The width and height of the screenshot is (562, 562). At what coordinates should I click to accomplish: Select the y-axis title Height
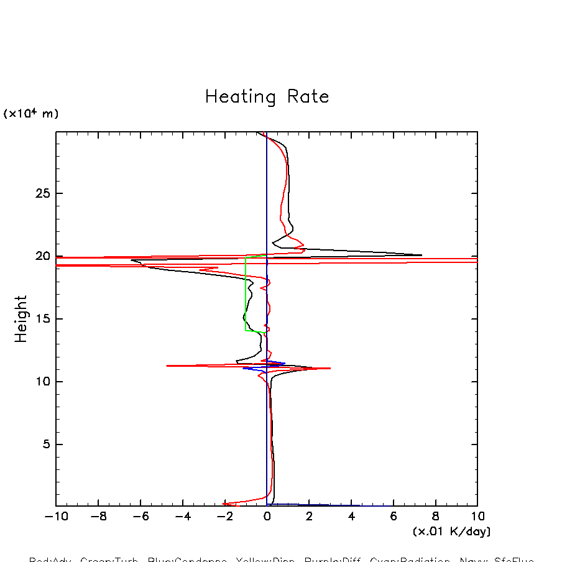point(21,319)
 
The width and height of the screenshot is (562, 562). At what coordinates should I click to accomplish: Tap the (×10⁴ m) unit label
point(31,114)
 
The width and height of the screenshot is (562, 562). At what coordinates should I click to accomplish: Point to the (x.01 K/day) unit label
point(451,532)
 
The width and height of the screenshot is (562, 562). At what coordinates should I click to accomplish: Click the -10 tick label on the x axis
point(56,517)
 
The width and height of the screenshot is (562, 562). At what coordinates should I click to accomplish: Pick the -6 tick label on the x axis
point(140,517)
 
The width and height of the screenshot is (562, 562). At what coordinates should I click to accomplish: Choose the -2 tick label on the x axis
point(224,517)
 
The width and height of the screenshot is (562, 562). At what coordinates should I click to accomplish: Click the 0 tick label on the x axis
point(267,517)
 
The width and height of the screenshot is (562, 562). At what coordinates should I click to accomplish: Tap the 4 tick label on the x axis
point(351,517)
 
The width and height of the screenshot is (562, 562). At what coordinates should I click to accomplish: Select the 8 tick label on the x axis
point(435,517)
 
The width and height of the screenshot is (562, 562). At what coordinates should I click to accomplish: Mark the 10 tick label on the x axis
point(477,517)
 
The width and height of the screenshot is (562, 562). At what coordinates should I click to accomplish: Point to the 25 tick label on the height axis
point(42,193)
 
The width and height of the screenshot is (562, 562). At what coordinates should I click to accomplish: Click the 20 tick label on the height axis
point(42,256)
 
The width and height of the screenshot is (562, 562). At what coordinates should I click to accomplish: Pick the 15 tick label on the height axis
point(42,319)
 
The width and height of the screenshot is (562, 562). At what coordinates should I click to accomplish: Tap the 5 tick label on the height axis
point(45,445)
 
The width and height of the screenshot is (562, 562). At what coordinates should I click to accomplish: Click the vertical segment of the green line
point(246,292)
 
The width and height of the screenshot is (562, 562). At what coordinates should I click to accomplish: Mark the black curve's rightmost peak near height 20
point(421,255)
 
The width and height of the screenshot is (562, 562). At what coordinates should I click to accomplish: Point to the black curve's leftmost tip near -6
point(132,260)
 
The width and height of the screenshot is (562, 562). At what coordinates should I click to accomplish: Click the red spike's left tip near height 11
point(167,366)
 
